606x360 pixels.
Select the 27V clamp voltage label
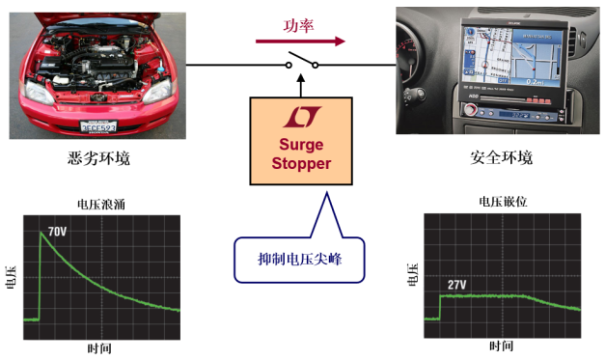(x=457, y=285)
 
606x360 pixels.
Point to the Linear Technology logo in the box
(x=303, y=119)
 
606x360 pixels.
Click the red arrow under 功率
(x=299, y=42)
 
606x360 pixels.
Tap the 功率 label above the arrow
(x=298, y=24)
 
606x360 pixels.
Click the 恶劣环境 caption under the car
(x=99, y=157)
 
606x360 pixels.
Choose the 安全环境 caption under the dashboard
(x=497, y=157)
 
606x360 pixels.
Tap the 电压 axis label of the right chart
(x=412, y=273)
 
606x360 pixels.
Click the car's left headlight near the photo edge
(x=37, y=92)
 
